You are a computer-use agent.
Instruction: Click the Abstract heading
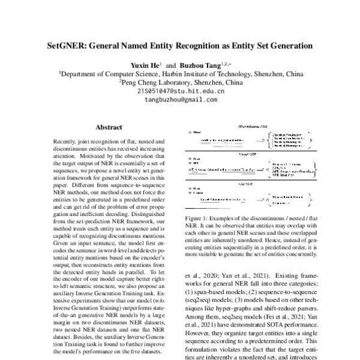click(x=109, y=127)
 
